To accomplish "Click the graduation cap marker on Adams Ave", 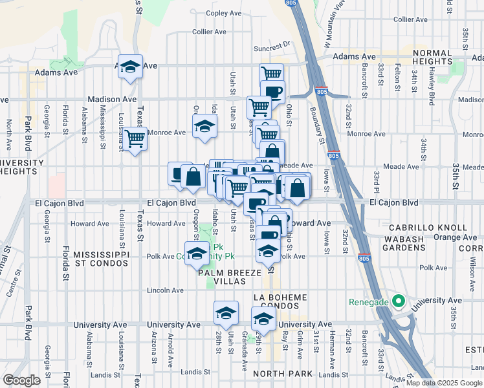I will click(x=130, y=67).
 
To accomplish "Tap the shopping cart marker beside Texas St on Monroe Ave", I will click(x=135, y=138).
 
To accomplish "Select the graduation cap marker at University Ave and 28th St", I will click(x=226, y=314).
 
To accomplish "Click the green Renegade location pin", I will click(x=399, y=301).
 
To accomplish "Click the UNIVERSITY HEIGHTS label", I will click(x=22, y=166).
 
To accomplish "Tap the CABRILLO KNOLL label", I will click(x=428, y=228).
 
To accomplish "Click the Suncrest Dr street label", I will click(x=272, y=47).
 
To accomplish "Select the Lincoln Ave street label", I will click(x=166, y=290).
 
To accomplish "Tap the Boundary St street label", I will click(x=320, y=125).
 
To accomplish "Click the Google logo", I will click(x=21, y=380).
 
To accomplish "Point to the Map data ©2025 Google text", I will click(x=443, y=383).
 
